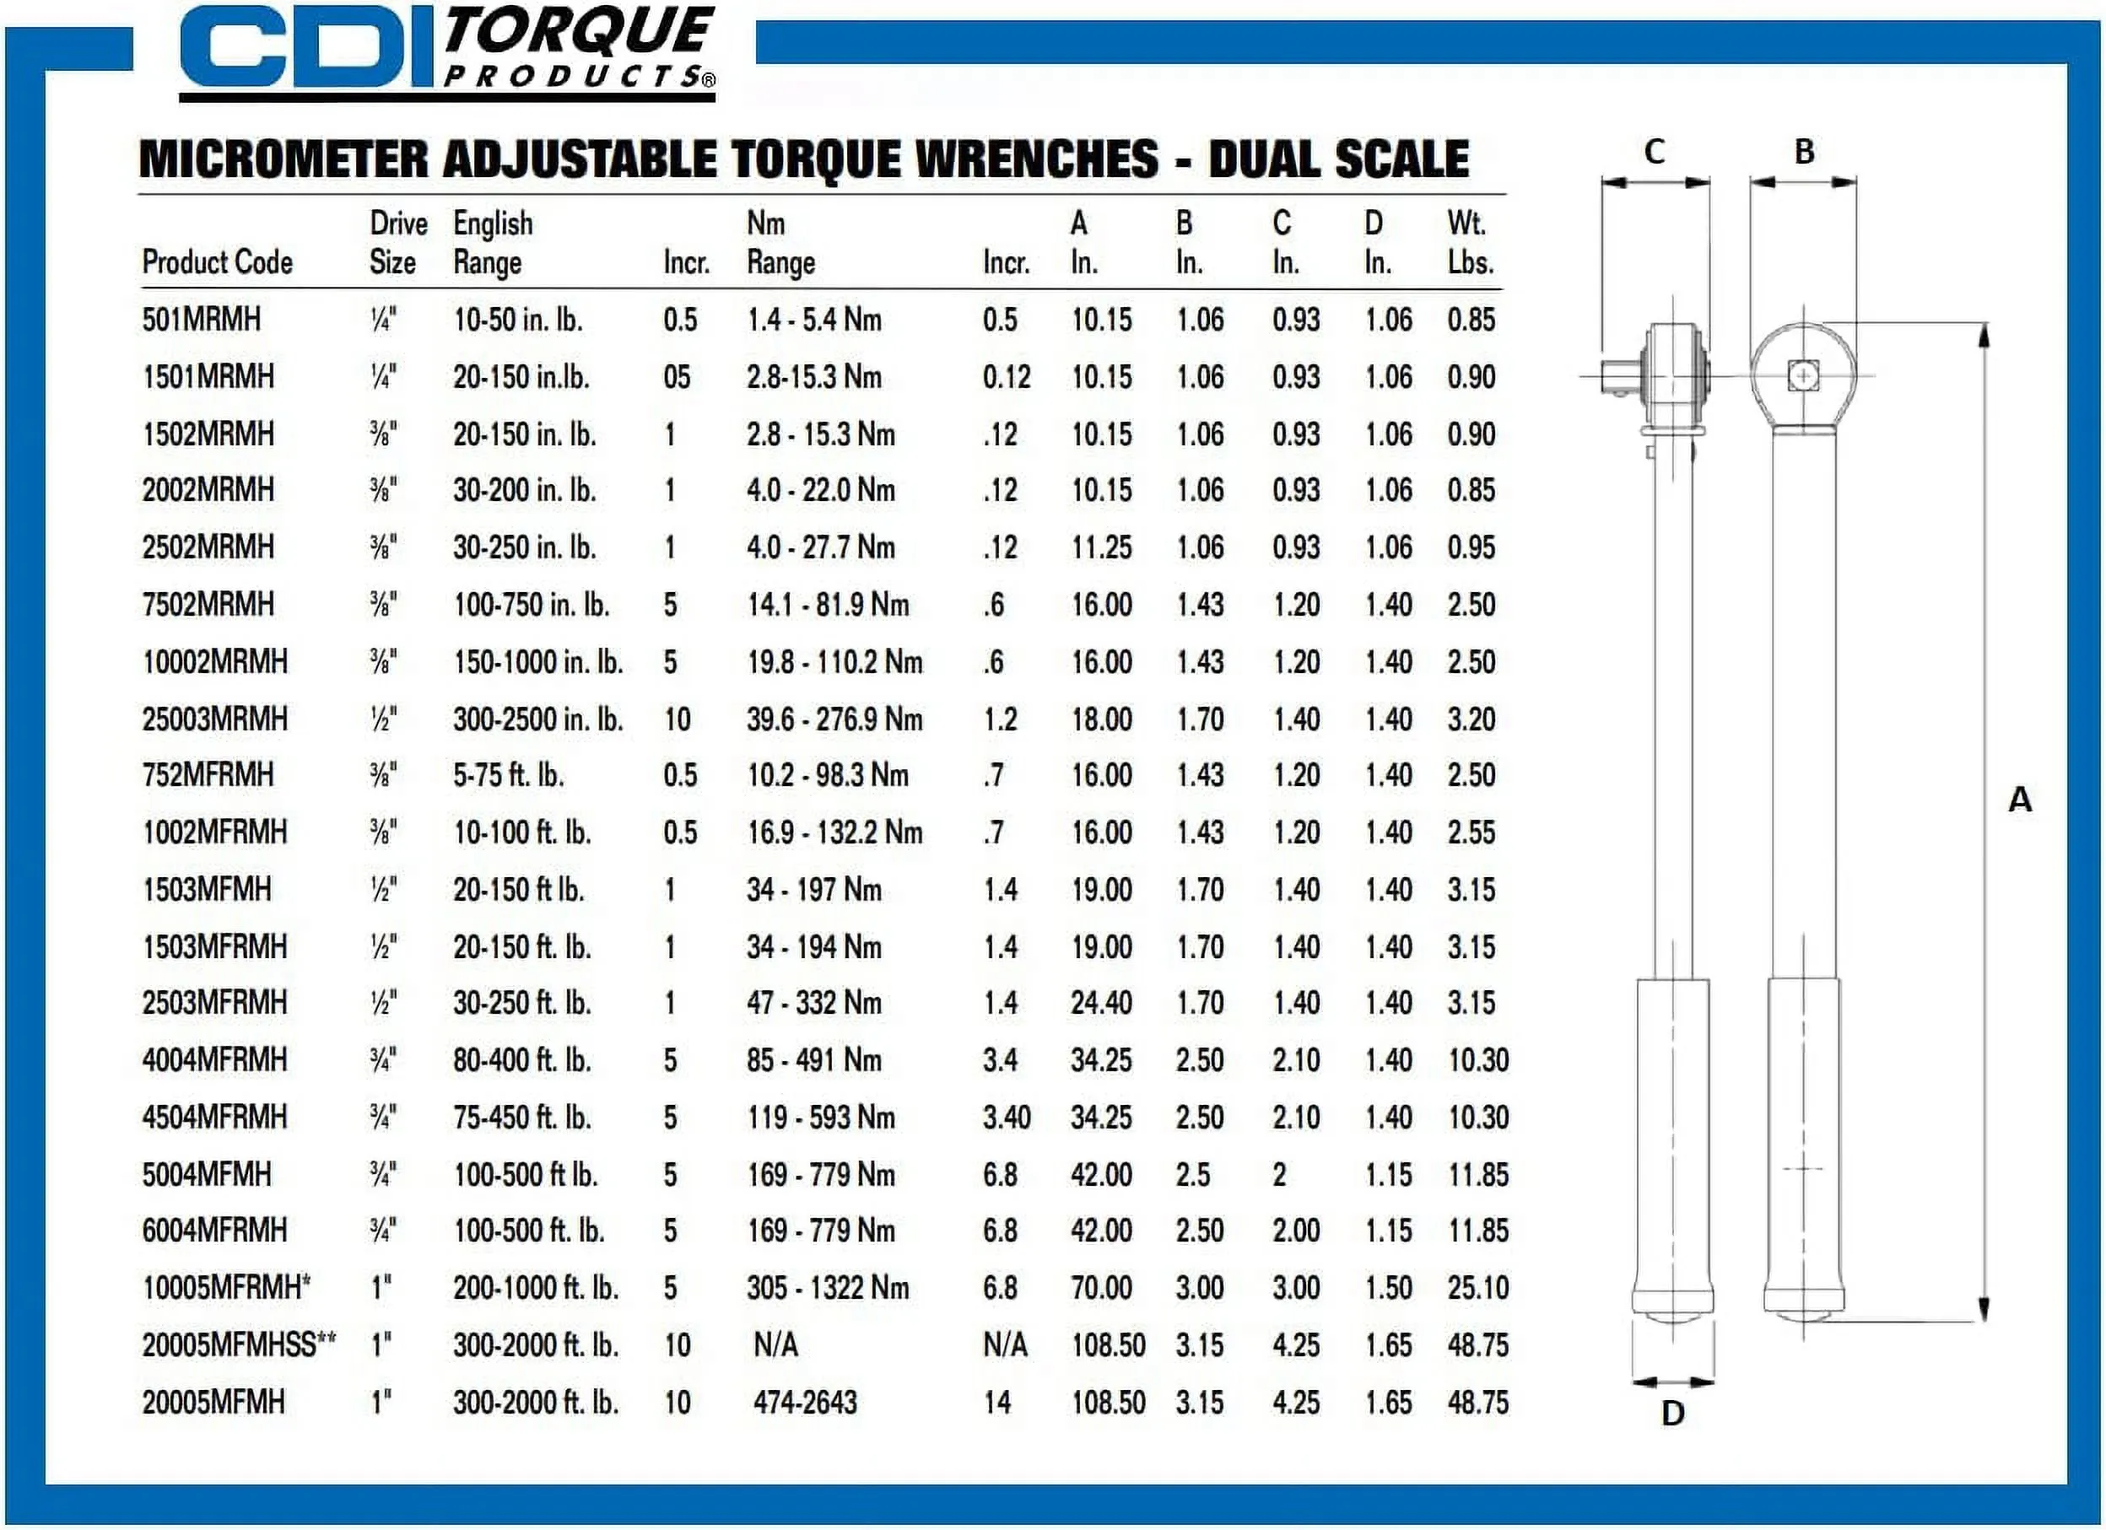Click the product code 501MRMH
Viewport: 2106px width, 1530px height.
202,321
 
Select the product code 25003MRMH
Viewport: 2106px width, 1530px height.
214,719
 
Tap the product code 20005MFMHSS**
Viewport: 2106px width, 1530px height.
239,1344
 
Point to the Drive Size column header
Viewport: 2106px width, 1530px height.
397,242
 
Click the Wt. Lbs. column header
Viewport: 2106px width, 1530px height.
1470,242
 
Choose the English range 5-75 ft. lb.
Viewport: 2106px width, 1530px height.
508,775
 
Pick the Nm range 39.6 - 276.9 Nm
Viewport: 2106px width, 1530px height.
834,719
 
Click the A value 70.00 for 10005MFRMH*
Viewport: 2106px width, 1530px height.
1101,1288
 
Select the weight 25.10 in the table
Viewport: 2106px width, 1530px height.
1478,1288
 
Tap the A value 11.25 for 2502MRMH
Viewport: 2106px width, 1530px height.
1101,547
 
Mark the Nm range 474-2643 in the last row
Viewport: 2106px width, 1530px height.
804,1402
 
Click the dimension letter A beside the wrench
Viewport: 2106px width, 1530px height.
2020,800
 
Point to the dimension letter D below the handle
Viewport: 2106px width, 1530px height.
1672,1413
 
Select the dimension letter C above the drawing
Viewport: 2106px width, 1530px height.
1654,151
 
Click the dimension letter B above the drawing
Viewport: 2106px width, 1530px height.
1803,151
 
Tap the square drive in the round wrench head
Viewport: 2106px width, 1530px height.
1802,376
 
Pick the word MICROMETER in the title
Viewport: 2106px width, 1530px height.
284,159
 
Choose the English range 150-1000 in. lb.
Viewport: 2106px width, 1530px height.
537,662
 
